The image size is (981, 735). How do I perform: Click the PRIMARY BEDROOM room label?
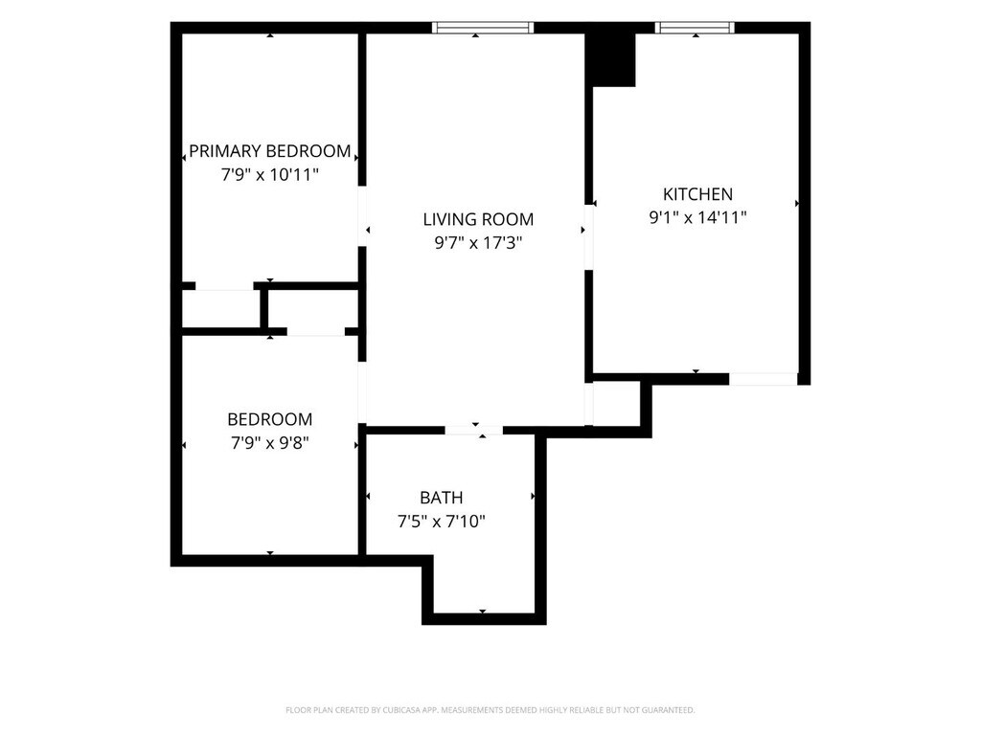click(x=269, y=151)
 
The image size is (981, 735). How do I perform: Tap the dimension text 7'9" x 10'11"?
click(x=269, y=174)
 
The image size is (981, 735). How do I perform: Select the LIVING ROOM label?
click(x=478, y=219)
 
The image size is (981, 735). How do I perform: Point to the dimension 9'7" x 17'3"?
click(x=478, y=242)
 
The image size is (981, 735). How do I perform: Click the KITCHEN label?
click(x=697, y=193)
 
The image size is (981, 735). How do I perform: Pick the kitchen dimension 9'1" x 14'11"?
click(x=697, y=217)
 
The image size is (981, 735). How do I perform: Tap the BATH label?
click(x=441, y=498)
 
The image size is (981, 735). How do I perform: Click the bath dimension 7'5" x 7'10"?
click(x=441, y=522)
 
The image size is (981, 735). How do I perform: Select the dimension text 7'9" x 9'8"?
click(x=269, y=443)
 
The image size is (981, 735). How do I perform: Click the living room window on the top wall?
click(x=483, y=28)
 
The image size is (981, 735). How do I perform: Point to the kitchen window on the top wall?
click(x=695, y=28)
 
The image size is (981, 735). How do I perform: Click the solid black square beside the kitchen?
click(x=610, y=59)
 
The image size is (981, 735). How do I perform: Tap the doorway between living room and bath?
click(x=473, y=430)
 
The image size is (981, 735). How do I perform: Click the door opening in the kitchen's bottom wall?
click(x=764, y=379)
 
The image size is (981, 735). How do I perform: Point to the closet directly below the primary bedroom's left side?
click(x=221, y=308)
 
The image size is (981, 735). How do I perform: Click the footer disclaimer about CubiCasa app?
click(x=490, y=710)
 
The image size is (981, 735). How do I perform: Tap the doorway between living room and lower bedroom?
click(x=361, y=391)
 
